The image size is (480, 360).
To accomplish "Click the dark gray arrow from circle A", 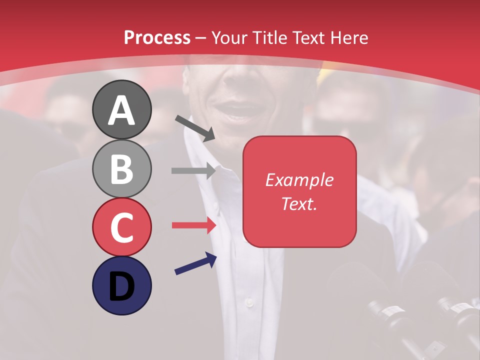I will [195, 128].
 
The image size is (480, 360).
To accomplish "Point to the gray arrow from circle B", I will [193, 170].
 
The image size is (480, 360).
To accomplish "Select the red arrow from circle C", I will [193, 225].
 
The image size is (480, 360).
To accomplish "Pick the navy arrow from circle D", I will [195, 264].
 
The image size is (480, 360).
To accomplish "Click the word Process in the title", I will [157, 38].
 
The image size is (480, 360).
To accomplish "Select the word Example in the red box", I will [299, 180].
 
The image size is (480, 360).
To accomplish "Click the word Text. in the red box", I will [299, 203].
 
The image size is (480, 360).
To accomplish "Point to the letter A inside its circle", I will [121, 110].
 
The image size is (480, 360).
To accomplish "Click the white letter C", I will [121, 227].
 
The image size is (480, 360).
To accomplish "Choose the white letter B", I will [121, 169].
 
